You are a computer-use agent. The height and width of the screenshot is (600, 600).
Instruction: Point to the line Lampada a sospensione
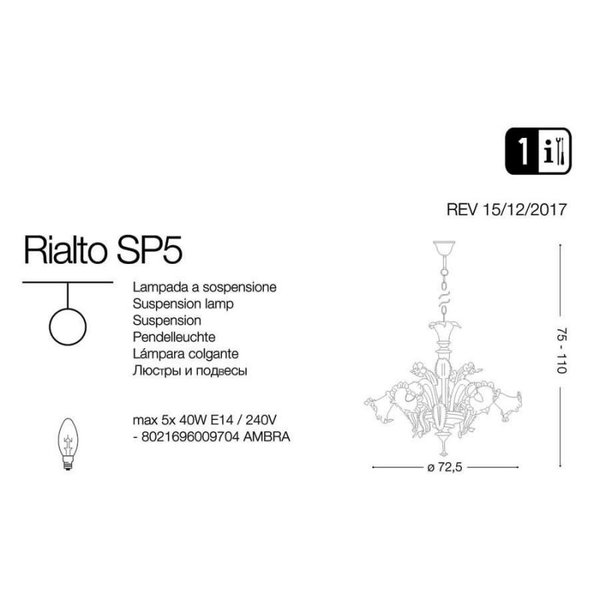pos(205,287)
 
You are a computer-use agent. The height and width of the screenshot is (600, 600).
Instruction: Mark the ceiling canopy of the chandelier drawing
pos(443,247)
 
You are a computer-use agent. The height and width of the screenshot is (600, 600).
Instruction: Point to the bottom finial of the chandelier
pos(443,448)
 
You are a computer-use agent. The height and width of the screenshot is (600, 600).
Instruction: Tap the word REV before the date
pos(462,210)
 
